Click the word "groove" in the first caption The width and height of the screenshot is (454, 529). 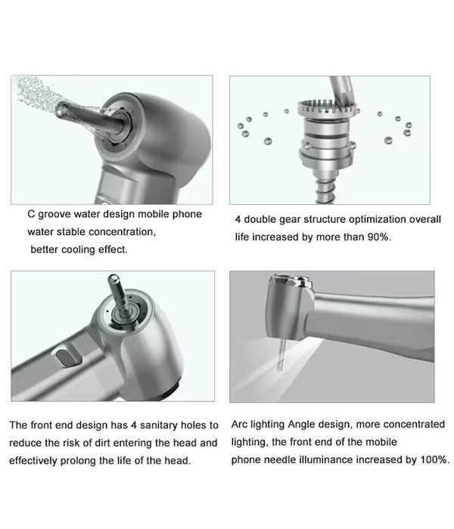point(54,215)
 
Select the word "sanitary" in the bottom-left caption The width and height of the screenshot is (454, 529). point(158,425)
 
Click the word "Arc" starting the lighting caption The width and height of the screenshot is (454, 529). point(240,424)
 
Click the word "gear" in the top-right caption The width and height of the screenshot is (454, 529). point(290,220)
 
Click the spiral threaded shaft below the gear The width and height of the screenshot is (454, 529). point(327,191)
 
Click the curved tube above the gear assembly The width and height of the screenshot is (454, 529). point(341,89)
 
